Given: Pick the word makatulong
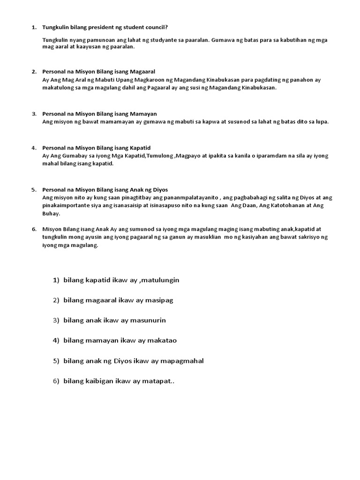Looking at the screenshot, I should coord(59,87).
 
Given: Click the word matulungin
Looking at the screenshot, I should coord(159,280).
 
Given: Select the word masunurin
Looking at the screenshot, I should coord(148,320).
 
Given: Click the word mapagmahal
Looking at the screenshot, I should coord(181,361).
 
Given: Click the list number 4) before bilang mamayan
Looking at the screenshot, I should coord(56,340).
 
